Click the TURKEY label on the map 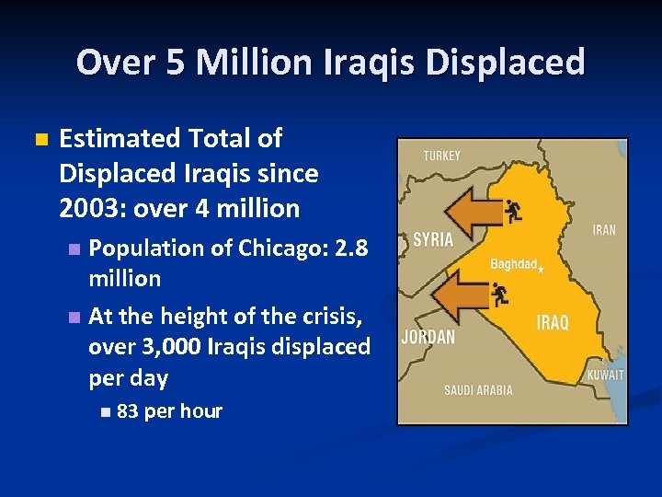(441, 156)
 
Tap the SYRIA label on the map (433, 239)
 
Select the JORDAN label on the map (428, 337)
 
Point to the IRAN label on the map (604, 230)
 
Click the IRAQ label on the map (553, 323)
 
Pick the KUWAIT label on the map (605, 375)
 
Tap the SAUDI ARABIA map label (478, 390)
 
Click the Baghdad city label (513, 264)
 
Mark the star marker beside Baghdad (541, 269)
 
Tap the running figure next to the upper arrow (513, 212)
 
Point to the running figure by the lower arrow (500, 295)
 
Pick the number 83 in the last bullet (128, 411)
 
